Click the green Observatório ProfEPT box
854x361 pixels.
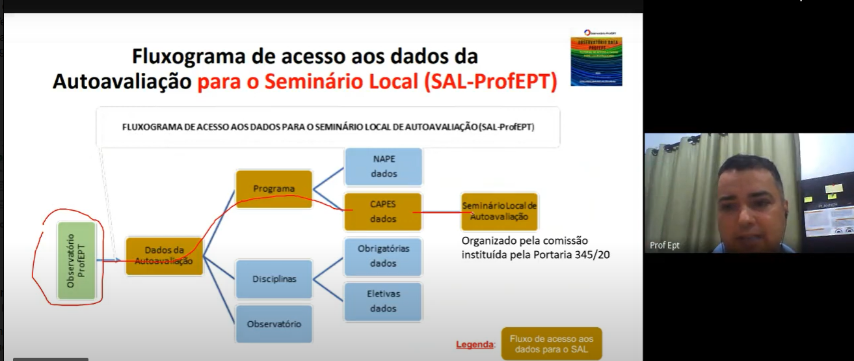pos(77,261)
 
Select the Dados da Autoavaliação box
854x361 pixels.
pos(164,256)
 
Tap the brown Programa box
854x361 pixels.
pos(274,189)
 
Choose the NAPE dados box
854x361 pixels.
pos(383,167)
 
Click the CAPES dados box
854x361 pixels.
pos(383,211)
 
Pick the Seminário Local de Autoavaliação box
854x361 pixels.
pos(499,211)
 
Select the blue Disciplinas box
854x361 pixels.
pos(274,279)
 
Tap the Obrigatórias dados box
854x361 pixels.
pos(383,256)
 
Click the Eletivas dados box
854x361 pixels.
pos(383,301)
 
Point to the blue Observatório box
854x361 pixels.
pos(274,324)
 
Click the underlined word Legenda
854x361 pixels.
pos(474,344)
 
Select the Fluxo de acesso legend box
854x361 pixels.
pos(552,343)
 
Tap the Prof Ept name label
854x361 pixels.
pos(665,245)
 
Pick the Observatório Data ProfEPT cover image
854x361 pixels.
pos(596,57)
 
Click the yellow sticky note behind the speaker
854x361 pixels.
pos(833,189)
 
